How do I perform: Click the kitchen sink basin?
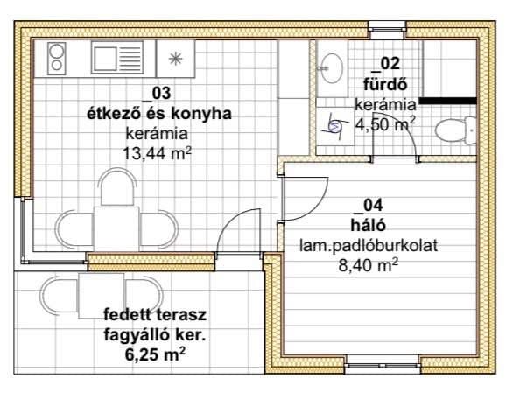coord(104,59)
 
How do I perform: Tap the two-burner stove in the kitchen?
coord(57,59)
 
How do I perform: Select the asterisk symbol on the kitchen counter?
coord(176,59)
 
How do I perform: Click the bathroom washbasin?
coord(332,68)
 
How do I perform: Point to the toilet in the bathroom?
coord(455,130)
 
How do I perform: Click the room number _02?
coord(386,64)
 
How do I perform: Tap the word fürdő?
coord(386,84)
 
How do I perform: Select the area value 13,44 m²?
coord(157,153)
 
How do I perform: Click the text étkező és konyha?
coord(159,114)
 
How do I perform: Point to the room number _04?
coord(369,206)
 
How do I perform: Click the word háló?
coord(368,225)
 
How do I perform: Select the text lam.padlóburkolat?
coord(369,245)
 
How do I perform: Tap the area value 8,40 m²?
coord(368,265)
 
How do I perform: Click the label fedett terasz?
coord(155,315)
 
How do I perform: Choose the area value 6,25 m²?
coord(155,354)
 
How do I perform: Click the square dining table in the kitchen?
coord(116,228)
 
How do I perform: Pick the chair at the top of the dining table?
coord(117,186)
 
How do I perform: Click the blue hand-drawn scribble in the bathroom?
coord(334,126)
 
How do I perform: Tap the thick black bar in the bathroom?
coord(447,101)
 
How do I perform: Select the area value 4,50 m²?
coord(386,124)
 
